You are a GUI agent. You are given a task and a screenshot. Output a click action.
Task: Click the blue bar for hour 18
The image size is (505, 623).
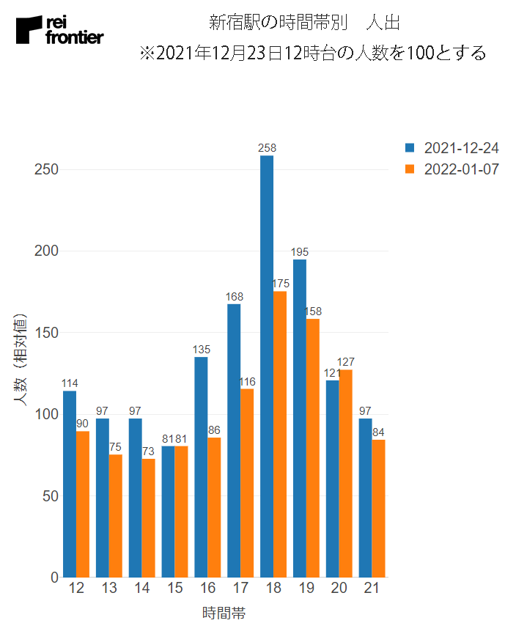click(x=267, y=366)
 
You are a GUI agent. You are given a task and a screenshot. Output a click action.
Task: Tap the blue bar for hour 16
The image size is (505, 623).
click(x=201, y=467)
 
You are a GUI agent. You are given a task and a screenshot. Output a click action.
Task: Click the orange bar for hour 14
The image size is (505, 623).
click(x=148, y=517)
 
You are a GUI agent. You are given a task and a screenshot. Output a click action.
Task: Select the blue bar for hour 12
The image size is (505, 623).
click(x=70, y=484)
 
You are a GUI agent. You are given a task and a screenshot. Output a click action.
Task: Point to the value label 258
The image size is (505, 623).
click(x=267, y=148)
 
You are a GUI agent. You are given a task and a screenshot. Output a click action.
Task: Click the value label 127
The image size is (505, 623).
click(x=346, y=362)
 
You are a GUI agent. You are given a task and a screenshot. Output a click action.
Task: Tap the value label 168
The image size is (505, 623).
click(x=235, y=296)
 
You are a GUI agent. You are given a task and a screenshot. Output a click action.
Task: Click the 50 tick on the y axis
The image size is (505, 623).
click(x=51, y=496)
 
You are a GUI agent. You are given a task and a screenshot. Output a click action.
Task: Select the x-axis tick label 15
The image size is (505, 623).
click(x=174, y=589)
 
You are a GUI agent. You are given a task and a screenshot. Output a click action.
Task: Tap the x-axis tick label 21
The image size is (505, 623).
click(x=372, y=589)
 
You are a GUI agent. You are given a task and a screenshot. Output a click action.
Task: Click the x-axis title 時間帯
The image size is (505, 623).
click(x=224, y=613)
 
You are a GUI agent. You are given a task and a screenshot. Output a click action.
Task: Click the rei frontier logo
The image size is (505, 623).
click(x=60, y=29)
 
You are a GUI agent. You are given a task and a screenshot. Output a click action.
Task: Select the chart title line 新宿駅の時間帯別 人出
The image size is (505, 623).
click(x=304, y=22)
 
